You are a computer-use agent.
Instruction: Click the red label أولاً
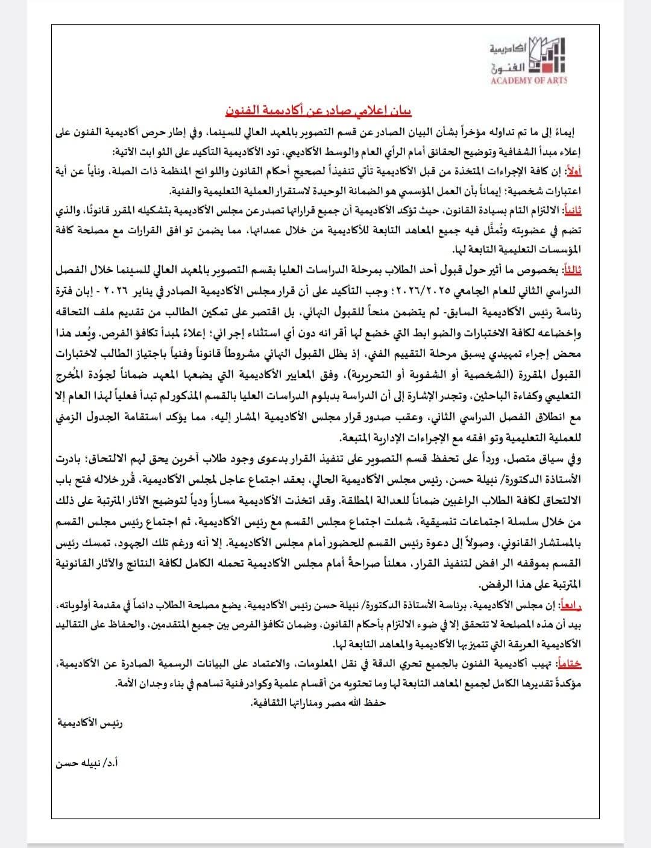tap(573, 172)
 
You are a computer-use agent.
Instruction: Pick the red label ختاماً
tap(571, 664)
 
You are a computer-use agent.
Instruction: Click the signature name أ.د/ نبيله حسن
tap(88, 762)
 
